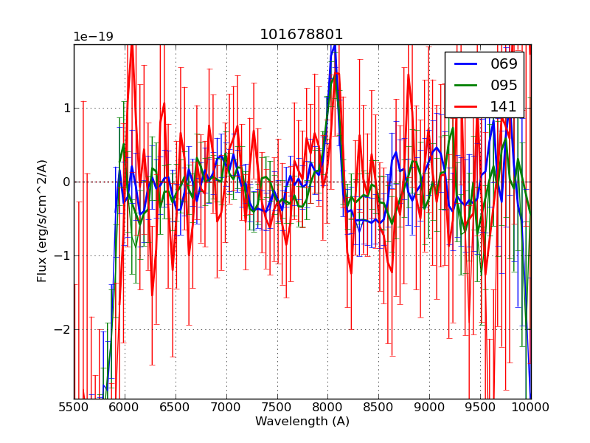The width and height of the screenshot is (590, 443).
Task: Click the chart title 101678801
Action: [x=302, y=35]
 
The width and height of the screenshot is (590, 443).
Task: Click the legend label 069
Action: [x=504, y=63]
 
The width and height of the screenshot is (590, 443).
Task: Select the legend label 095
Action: [x=504, y=85]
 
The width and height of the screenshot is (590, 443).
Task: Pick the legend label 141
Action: [x=504, y=106]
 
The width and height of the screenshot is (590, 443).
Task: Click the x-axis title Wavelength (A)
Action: [x=302, y=422]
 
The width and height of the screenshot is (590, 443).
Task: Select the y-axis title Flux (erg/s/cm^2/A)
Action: [x=43, y=221]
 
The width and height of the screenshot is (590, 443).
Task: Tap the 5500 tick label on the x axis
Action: [x=74, y=408]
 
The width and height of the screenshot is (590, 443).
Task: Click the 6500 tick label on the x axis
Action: [x=176, y=408]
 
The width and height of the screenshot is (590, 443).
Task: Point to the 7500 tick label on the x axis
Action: [x=277, y=408]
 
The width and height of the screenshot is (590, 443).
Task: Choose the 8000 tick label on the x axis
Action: [x=328, y=408]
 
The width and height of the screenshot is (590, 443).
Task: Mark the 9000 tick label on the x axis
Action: [x=429, y=408]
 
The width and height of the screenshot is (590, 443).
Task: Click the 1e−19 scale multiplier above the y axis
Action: [x=93, y=37]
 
